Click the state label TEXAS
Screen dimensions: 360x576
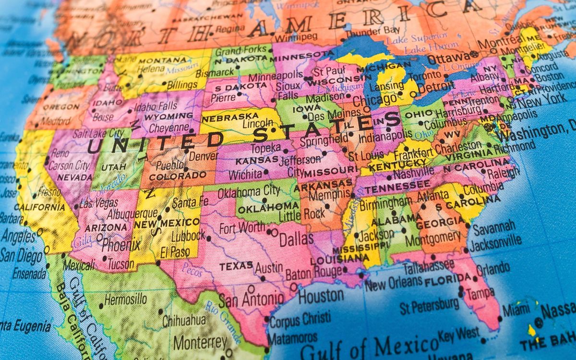point(236,265)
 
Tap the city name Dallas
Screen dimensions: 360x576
point(296,239)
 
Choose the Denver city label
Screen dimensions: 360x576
point(203,156)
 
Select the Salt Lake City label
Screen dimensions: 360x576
point(98,133)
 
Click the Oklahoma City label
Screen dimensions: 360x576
point(249,191)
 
